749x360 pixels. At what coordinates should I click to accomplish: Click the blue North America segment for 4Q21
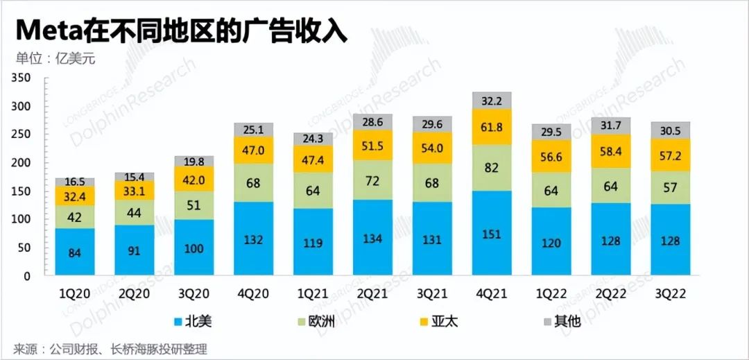(x=492, y=233)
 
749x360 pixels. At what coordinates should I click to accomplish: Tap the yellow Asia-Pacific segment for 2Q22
(x=610, y=151)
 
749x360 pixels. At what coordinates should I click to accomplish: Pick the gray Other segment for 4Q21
(x=492, y=101)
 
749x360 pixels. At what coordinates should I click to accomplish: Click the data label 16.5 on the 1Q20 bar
(x=75, y=182)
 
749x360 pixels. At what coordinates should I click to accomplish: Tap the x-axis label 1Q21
(x=313, y=293)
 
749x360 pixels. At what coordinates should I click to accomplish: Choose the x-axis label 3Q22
(x=669, y=293)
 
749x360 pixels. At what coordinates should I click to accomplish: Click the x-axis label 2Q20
(x=135, y=293)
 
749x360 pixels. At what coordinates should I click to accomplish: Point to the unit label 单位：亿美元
(x=55, y=58)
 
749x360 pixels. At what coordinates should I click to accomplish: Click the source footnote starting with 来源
(x=110, y=348)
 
